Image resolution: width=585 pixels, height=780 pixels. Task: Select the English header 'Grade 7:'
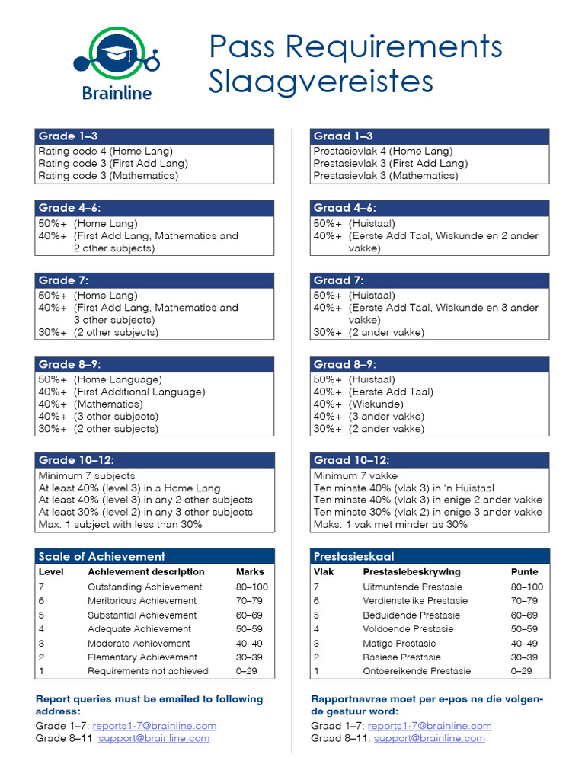click(x=57, y=280)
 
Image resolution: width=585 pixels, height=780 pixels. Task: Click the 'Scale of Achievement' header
click(x=101, y=556)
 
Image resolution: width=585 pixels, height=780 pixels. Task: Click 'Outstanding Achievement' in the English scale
click(x=145, y=587)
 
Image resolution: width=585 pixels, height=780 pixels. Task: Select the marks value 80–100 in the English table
click(x=251, y=587)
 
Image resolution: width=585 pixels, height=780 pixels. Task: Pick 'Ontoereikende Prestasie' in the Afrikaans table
click(x=417, y=671)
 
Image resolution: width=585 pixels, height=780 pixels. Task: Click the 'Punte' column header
click(x=524, y=571)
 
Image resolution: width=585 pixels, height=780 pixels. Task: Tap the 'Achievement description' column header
click(x=145, y=571)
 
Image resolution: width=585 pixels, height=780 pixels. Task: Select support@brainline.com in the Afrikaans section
click(x=429, y=738)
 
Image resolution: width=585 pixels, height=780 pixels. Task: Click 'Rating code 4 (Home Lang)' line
click(x=105, y=151)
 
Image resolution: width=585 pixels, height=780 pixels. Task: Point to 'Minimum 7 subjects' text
click(x=86, y=475)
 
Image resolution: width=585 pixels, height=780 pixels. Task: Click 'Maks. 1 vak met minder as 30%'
click(x=390, y=524)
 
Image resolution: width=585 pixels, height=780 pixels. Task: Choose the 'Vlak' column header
click(x=324, y=571)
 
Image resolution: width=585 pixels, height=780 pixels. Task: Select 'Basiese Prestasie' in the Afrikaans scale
click(x=401, y=657)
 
